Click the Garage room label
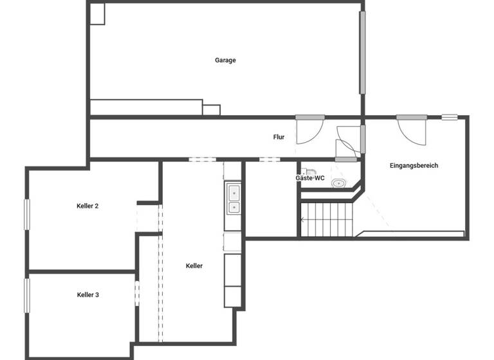pos(225,60)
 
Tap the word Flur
pos(279,137)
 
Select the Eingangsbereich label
pos(414,166)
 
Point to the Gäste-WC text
pos(309,178)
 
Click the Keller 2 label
pos(87,206)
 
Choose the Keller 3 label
pos(87,295)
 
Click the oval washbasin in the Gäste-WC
pos(338,184)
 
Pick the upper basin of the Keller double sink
pos(233,192)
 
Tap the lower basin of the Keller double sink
pos(233,207)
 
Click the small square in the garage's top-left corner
pos(97,14)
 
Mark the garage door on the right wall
pos(363,51)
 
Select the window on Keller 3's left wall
pos(27,296)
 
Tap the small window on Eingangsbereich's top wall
pos(449,117)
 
